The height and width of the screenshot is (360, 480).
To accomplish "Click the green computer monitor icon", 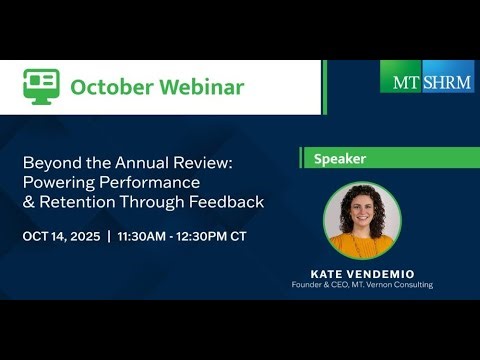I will tap(41, 86).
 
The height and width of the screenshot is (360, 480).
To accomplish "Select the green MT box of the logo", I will tap(401, 77).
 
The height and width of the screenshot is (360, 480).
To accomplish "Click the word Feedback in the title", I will tap(230, 201).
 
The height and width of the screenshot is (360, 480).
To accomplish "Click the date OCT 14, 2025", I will tap(63, 237).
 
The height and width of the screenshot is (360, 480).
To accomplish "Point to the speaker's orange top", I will tap(362, 243).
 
